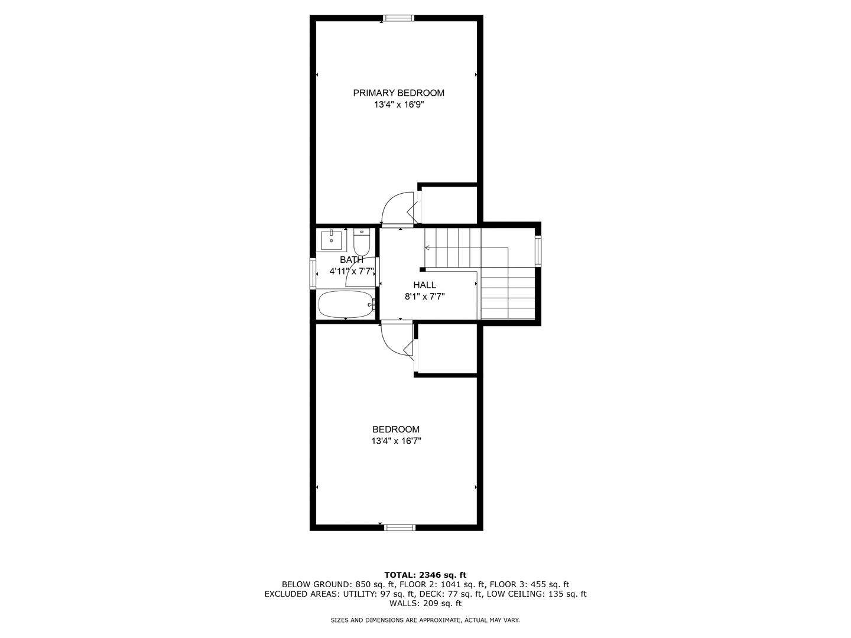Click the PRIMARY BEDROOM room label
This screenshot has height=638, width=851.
pos(398,93)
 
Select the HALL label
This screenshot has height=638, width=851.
pos(424,285)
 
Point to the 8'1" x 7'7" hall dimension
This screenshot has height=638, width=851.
pos(424,297)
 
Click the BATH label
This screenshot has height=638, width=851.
pos(351,260)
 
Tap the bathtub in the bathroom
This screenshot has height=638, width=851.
pos(346,304)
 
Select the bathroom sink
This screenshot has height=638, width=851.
pos(331,240)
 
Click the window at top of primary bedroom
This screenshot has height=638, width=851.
pos(398,18)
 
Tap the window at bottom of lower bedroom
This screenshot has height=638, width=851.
pos(399,528)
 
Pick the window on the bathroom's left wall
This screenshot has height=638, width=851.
pos(313,274)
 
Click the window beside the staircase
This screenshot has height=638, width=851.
pos(538,251)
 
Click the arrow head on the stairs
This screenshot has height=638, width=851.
pos(427,248)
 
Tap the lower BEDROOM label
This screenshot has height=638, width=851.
pos(395,429)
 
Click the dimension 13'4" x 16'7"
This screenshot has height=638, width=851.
pos(395,441)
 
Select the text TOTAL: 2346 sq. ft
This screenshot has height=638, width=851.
pos(425,575)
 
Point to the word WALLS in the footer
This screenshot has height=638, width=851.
pos(402,604)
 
